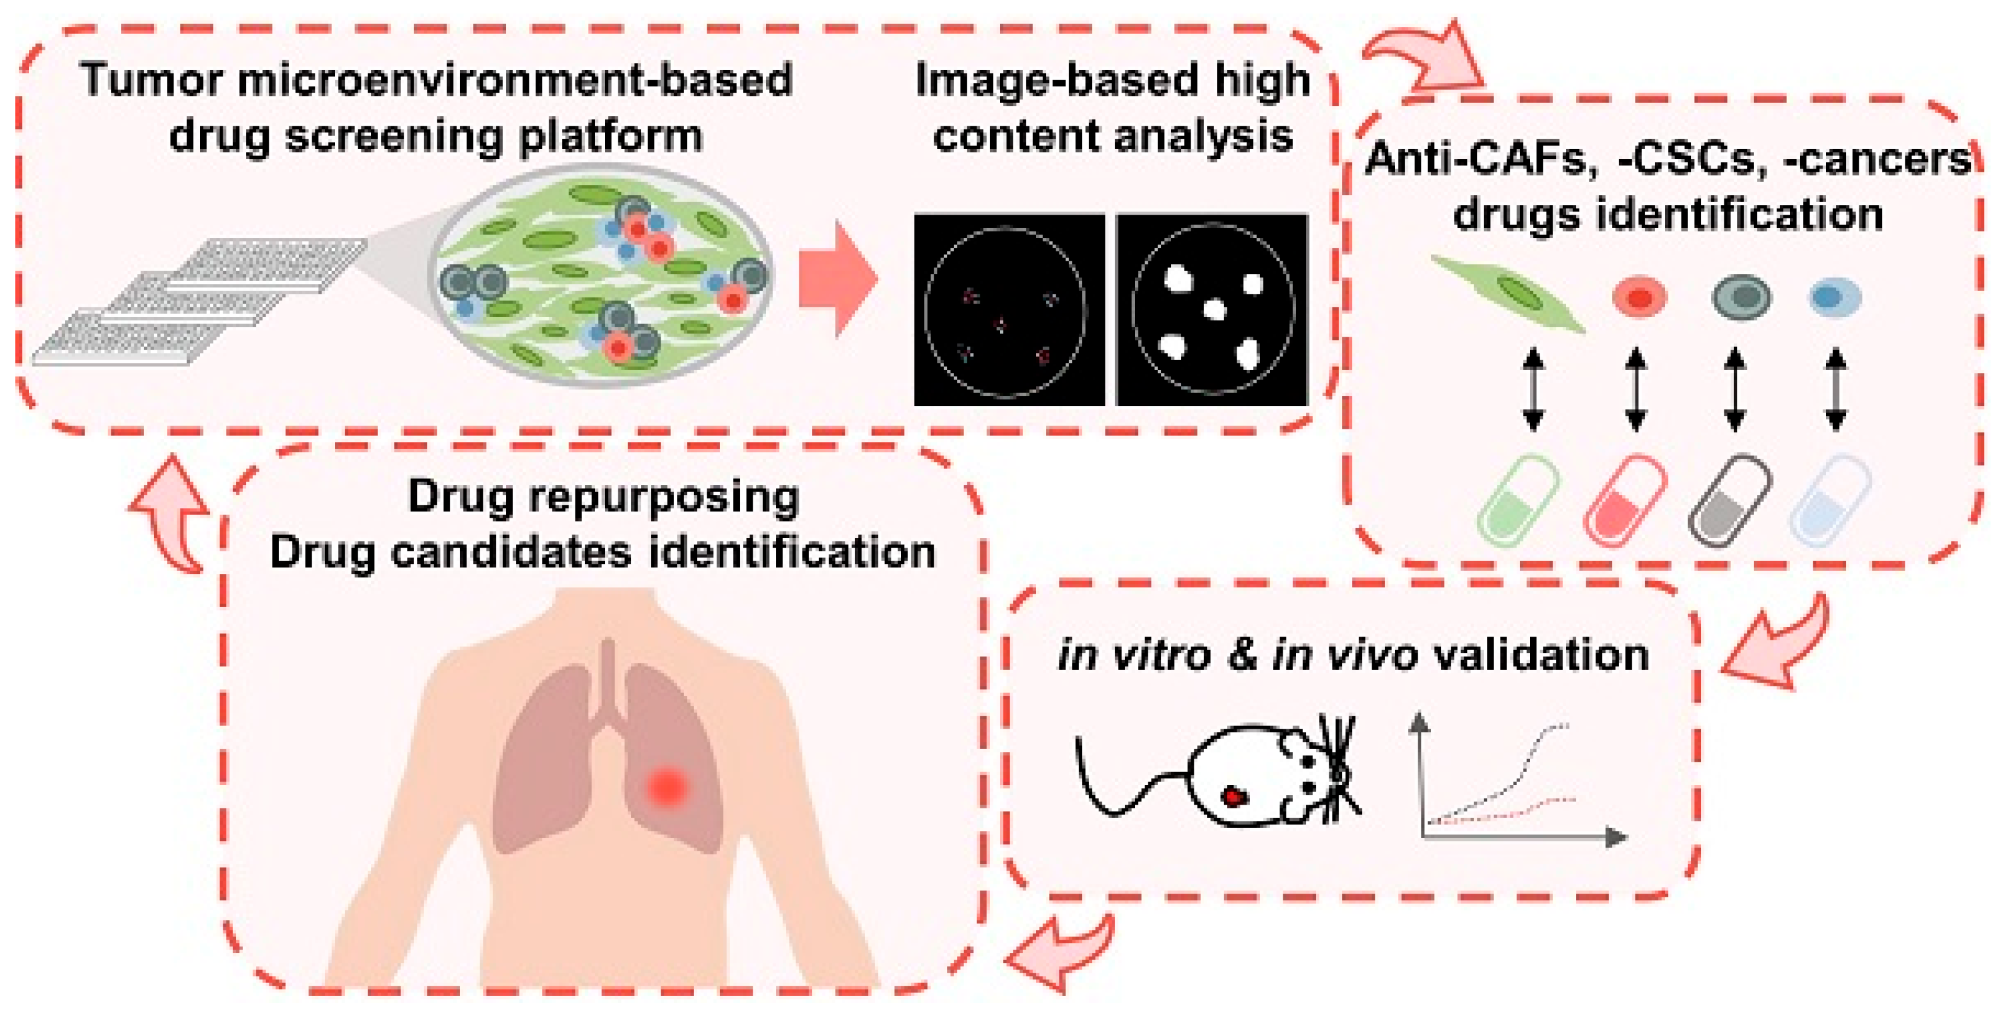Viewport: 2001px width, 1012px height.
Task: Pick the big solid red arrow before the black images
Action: [837, 278]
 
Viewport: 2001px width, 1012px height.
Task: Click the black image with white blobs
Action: [1212, 310]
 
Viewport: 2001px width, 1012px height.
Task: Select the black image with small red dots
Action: [1008, 310]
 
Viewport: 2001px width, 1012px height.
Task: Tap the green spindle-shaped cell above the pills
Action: [1507, 294]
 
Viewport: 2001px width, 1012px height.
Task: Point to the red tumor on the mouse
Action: [1234, 796]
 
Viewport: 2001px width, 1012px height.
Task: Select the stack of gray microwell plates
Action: [198, 303]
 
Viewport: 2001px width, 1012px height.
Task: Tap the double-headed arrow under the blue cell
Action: [1835, 389]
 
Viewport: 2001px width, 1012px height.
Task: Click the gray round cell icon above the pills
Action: [1742, 297]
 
